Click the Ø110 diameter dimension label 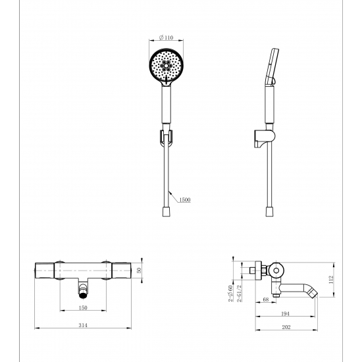pyautogui.click(x=167, y=38)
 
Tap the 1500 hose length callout pyautogui.click(x=185, y=199)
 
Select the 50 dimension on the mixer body pyautogui.click(x=139, y=270)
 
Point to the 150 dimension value pyautogui.click(x=83, y=307)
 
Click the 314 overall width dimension pyautogui.click(x=83, y=325)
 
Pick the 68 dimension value pyautogui.click(x=266, y=299)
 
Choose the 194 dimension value pyautogui.click(x=286, y=313)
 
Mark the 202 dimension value pyautogui.click(x=286, y=327)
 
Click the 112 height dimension pyautogui.click(x=331, y=279)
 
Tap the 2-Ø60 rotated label pyautogui.click(x=230, y=294)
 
